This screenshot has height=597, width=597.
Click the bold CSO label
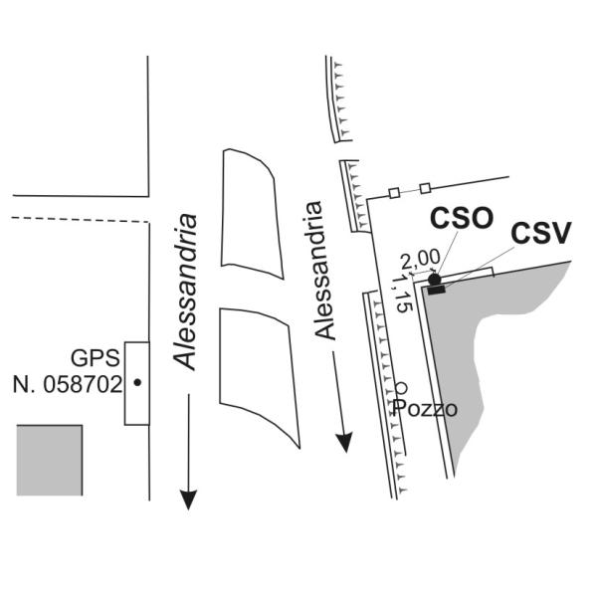point(462,218)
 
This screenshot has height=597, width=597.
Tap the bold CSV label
point(541,233)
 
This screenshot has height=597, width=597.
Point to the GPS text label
point(96,358)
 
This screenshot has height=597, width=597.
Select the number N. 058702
point(68,384)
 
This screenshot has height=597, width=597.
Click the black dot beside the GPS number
point(137,382)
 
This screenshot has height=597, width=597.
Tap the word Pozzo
point(425,409)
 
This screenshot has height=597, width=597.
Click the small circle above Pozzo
point(401,388)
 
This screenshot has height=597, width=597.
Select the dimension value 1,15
point(403,294)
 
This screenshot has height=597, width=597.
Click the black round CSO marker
point(435,280)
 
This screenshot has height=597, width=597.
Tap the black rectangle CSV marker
point(437,291)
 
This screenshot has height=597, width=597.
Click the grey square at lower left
point(50,461)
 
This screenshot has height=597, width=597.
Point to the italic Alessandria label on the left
point(185,293)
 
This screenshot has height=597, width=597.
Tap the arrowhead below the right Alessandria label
point(344,443)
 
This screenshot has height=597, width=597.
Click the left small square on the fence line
point(394,193)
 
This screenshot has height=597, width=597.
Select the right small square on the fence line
point(425,188)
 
